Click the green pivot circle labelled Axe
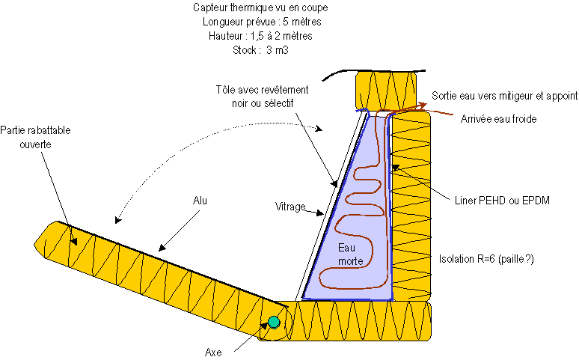point(274,322)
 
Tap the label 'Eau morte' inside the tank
point(350,254)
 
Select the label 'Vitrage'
point(290,207)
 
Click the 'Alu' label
point(200,201)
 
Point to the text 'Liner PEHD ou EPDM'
point(502,201)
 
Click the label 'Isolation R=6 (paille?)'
point(486,259)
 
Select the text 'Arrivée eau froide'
point(498,119)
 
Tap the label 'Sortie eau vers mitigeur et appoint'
point(504,96)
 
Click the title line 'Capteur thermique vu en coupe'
point(260,7)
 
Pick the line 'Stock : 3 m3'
point(260,50)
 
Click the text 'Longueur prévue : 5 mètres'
point(262,22)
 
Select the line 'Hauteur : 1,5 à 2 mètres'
point(260,36)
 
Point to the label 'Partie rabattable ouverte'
point(35,137)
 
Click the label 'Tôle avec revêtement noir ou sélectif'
point(262,97)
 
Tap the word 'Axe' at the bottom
point(213,353)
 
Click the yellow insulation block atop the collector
point(386,91)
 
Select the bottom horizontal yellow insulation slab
point(345,321)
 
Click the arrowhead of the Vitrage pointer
point(320,213)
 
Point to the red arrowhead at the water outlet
point(423,106)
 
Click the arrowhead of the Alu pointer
point(162,248)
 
